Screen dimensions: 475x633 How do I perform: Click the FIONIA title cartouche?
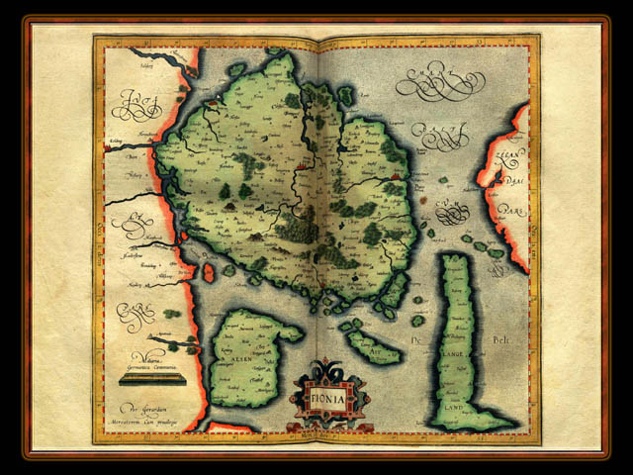pyautogui.click(x=329, y=396)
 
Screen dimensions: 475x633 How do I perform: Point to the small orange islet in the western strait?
pyautogui.click(x=209, y=271)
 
